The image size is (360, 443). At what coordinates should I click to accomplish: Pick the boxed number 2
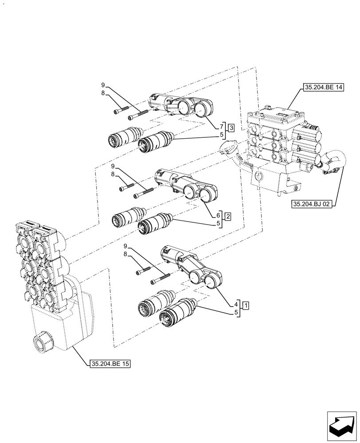tap(227, 217)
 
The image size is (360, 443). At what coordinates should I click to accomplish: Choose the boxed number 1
tap(246, 305)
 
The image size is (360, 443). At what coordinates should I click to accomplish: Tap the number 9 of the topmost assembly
tap(103, 85)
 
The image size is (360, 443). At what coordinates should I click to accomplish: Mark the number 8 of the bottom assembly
tap(125, 255)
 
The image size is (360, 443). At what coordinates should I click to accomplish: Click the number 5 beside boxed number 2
tap(219, 223)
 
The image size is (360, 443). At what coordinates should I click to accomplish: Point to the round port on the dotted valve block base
tap(42, 342)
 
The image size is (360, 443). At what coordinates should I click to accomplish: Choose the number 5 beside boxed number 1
tap(236, 313)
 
